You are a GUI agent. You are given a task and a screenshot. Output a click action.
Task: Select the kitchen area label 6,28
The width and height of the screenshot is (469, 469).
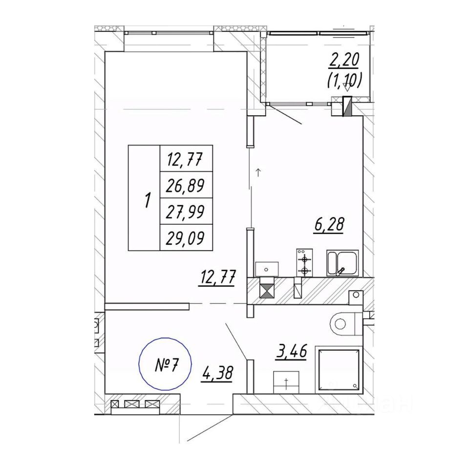pos(329,225)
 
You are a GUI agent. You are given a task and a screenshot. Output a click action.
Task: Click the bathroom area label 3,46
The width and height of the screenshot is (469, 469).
pos(291,352)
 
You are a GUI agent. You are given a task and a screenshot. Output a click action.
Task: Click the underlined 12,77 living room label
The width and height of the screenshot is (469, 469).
pos(217,280)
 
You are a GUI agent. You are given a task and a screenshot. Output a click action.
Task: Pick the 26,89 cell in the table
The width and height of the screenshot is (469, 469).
pos(186,185)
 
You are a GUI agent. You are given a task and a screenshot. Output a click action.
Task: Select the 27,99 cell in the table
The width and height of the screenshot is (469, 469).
pos(186,212)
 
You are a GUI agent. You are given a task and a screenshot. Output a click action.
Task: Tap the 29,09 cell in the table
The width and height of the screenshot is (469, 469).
pos(186,238)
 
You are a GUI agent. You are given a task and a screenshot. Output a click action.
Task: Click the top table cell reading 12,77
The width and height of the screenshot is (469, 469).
pos(186,158)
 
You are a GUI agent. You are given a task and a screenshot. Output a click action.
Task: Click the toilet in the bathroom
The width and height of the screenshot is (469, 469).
pos(344,322)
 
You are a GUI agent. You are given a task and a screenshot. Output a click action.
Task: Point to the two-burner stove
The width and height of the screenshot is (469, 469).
pos(304,264)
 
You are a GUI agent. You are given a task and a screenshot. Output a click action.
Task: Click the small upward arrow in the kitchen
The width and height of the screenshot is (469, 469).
pos(258,171)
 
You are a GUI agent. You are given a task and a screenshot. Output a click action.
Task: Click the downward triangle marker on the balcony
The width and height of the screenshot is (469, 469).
pos(347,88)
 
